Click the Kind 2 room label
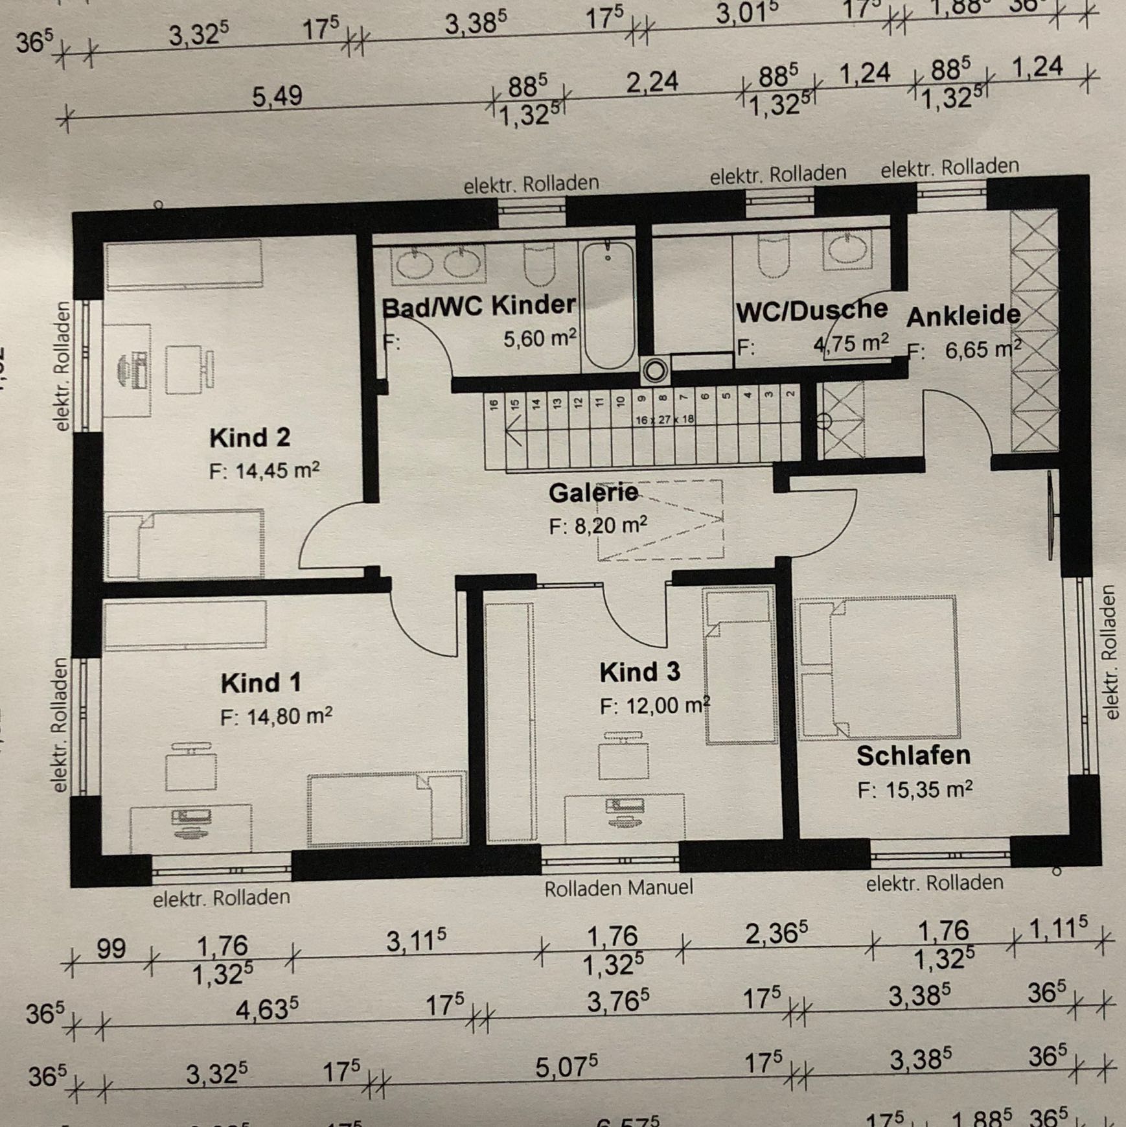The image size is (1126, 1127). point(249,438)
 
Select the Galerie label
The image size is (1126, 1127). point(593,493)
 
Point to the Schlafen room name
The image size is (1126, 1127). point(913,756)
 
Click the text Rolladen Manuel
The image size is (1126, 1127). point(618,888)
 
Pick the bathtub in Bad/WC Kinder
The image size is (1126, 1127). point(608,305)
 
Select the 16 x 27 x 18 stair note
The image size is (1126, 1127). point(664,419)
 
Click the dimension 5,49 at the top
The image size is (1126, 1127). point(277,97)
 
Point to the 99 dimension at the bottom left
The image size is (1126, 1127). point(111,949)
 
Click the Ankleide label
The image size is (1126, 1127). point(963,316)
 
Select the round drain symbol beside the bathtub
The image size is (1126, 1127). point(655,371)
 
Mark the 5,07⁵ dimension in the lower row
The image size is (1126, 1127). point(566,1067)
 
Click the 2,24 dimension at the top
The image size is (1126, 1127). point(652,82)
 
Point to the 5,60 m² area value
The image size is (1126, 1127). point(540,338)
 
